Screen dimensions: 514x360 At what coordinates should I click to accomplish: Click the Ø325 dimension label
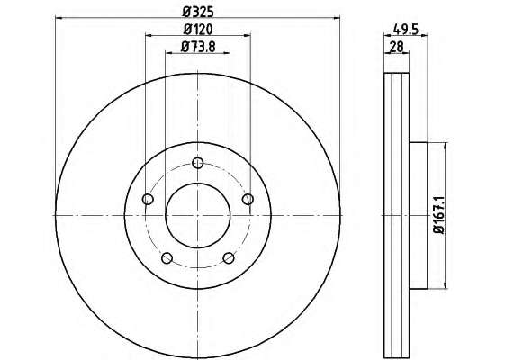pyautogui.click(x=198, y=12)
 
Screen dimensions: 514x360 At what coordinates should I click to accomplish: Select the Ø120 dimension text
pyautogui.click(x=198, y=30)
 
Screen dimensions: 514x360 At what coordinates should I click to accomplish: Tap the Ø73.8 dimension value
pyautogui.click(x=198, y=47)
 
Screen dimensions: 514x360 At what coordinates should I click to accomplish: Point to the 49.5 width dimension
pyautogui.click(x=406, y=30)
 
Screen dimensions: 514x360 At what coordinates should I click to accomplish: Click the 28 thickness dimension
pyautogui.click(x=396, y=47)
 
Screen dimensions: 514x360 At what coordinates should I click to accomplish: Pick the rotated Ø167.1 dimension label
pyautogui.click(x=438, y=215)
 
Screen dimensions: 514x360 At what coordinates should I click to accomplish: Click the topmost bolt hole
pyautogui.click(x=198, y=163)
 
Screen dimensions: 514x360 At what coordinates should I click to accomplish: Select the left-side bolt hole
pyautogui.click(x=148, y=199)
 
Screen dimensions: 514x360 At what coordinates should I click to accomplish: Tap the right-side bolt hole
pyautogui.click(x=248, y=199)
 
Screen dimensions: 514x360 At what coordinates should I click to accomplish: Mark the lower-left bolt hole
pyautogui.click(x=167, y=258)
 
